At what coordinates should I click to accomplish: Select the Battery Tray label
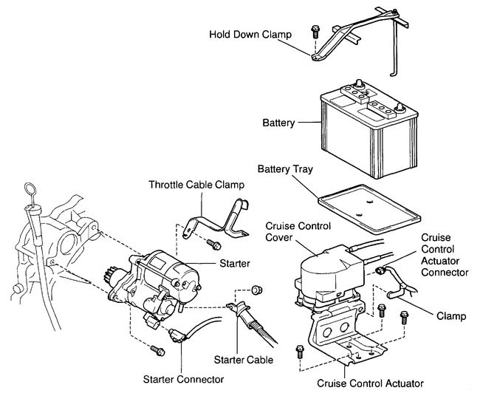[x=284, y=169]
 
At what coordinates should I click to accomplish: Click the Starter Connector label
[x=184, y=379]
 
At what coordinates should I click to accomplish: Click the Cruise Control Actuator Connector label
[x=445, y=255]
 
